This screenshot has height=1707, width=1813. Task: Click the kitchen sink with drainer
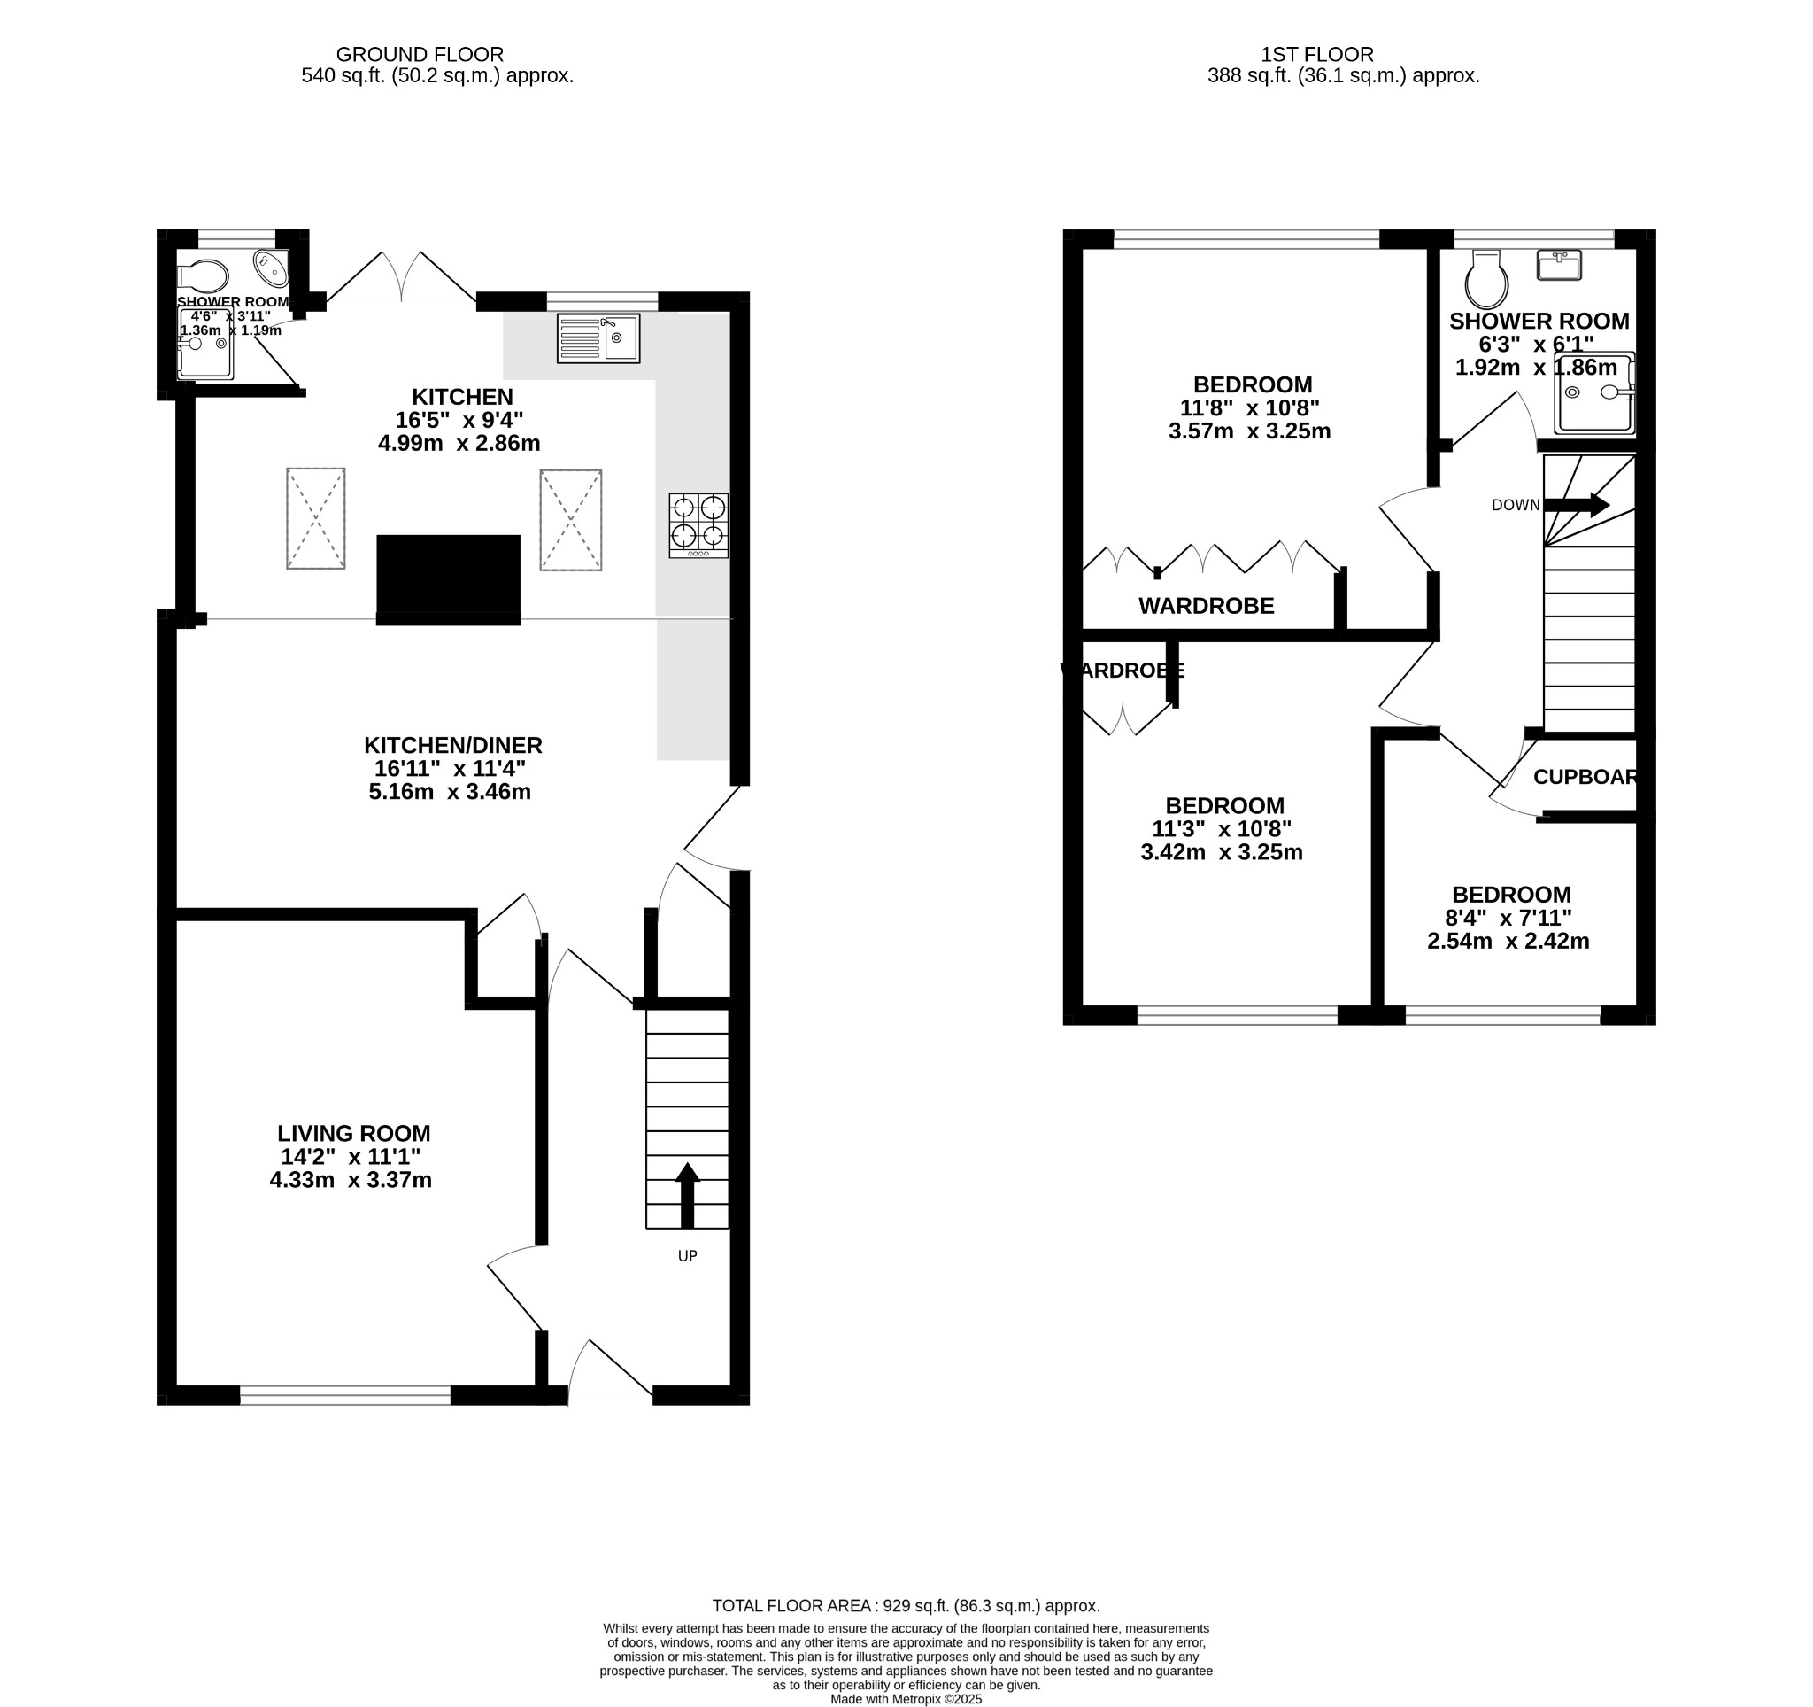click(x=598, y=338)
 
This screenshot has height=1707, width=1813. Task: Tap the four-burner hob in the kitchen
click(x=698, y=524)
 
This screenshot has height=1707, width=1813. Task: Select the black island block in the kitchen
click(x=448, y=578)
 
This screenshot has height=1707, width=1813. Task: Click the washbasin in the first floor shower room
click(x=1559, y=266)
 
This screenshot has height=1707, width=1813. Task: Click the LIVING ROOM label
click(x=354, y=1133)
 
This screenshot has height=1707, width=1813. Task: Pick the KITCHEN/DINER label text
click(x=452, y=744)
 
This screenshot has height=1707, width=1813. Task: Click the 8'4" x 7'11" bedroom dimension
click(x=1511, y=918)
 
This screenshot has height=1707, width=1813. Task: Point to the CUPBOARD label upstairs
click(x=1585, y=776)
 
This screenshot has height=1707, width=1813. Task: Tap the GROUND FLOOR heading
click(x=420, y=55)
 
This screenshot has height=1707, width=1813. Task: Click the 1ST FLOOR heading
click(x=1317, y=55)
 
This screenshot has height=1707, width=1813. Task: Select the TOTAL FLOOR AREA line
click(x=906, y=1606)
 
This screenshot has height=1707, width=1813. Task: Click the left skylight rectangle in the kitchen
click(x=315, y=518)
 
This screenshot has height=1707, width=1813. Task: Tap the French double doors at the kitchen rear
click(x=401, y=277)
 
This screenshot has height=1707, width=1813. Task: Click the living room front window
click(x=344, y=1394)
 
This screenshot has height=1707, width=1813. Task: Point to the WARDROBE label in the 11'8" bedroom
click(x=1206, y=606)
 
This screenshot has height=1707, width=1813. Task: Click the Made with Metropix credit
click(x=906, y=1699)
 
